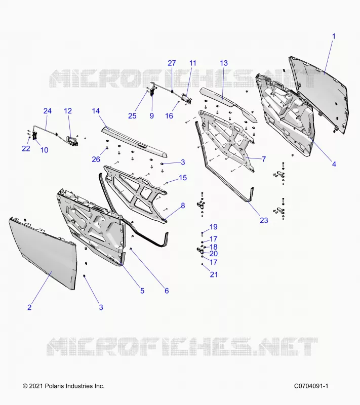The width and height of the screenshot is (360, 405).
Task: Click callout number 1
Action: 333,36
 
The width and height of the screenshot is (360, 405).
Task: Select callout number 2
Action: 29,307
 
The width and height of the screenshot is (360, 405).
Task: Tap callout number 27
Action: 172,63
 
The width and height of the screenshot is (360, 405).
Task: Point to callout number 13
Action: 224,63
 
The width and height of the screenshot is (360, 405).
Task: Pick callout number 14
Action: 96,111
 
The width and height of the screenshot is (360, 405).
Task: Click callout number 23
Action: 264,220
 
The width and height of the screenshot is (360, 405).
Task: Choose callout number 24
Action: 47,111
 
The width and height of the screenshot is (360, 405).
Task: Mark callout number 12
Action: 68,111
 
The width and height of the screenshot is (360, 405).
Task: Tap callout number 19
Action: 213,227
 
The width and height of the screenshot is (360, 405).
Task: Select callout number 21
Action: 214,274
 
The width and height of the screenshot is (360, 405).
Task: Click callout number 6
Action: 167,291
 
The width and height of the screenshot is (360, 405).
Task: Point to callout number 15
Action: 183,178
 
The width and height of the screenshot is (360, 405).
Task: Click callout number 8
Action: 183,206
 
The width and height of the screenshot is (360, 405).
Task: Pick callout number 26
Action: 96,159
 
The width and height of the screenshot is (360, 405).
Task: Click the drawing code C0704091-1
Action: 311,386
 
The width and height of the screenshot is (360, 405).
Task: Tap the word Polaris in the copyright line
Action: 55,386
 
